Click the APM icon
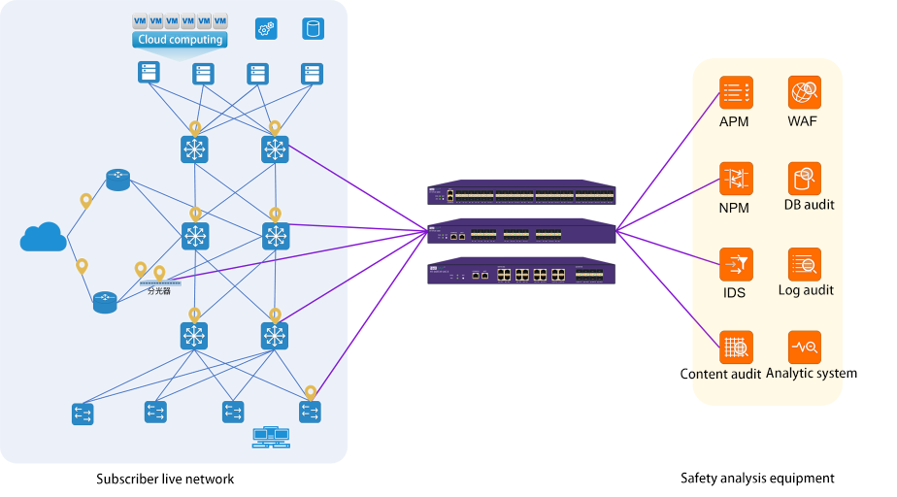pos(735,93)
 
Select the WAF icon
pos(805,93)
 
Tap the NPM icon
pos(735,179)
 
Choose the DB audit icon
pos(805,179)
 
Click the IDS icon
pos(735,264)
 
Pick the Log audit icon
pos(805,264)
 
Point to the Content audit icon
pos(735,347)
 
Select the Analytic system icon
pos(805,347)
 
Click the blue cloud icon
pos(44,237)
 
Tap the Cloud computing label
pos(181,40)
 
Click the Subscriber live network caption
pos(165,479)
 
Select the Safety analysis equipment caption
pos(757,478)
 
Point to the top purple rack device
pos(521,193)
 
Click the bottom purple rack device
pos(521,273)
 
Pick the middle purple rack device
pos(521,232)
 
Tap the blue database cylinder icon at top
pos(313,28)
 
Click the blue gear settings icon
pos(266,29)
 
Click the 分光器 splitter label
pos(159,290)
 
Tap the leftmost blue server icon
pos(148,73)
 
